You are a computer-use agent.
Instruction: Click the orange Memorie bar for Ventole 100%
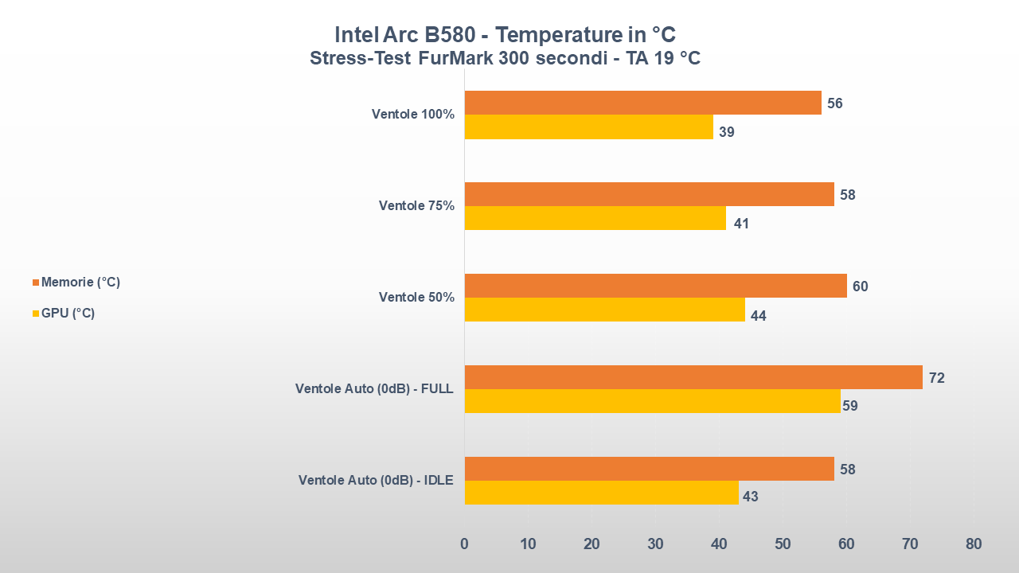click(x=642, y=103)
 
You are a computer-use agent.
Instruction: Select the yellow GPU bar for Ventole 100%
click(x=588, y=127)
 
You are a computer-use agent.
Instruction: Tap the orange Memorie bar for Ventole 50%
click(x=655, y=286)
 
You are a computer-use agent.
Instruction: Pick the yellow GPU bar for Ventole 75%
click(x=595, y=218)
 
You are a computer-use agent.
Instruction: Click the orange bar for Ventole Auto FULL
click(x=693, y=377)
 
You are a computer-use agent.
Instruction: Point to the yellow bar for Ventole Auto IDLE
click(x=601, y=493)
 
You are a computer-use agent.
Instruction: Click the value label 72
click(x=936, y=378)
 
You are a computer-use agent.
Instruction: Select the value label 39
click(x=726, y=132)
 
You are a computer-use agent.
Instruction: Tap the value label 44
click(x=758, y=316)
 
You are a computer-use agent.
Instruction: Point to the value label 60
click(x=860, y=286)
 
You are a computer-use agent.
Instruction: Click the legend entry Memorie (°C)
click(x=80, y=283)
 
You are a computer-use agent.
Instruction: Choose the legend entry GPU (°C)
click(x=68, y=314)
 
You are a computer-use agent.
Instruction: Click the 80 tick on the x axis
click(x=973, y=544)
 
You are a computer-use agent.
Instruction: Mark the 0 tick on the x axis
click(x=464, y=544)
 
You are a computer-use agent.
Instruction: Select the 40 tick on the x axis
click(x=719, y=544)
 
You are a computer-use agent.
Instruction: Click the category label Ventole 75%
click(x=416, y=206)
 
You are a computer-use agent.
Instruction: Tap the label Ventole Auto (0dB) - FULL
click(x=374, y=389)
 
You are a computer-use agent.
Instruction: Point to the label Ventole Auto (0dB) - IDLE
click(x=376, y=481)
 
